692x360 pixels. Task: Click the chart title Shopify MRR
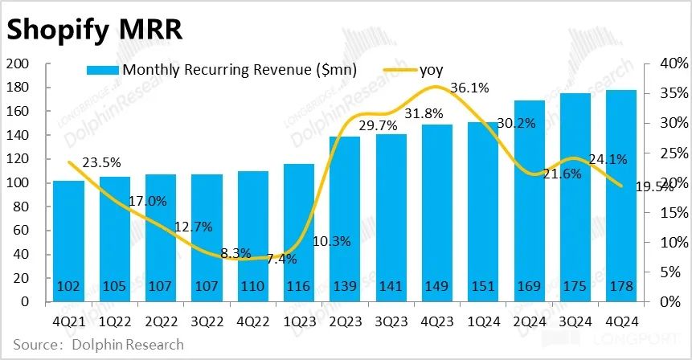(95, 30)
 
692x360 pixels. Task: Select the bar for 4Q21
(68, 241)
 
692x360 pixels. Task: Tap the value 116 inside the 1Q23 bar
(299, 287)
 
